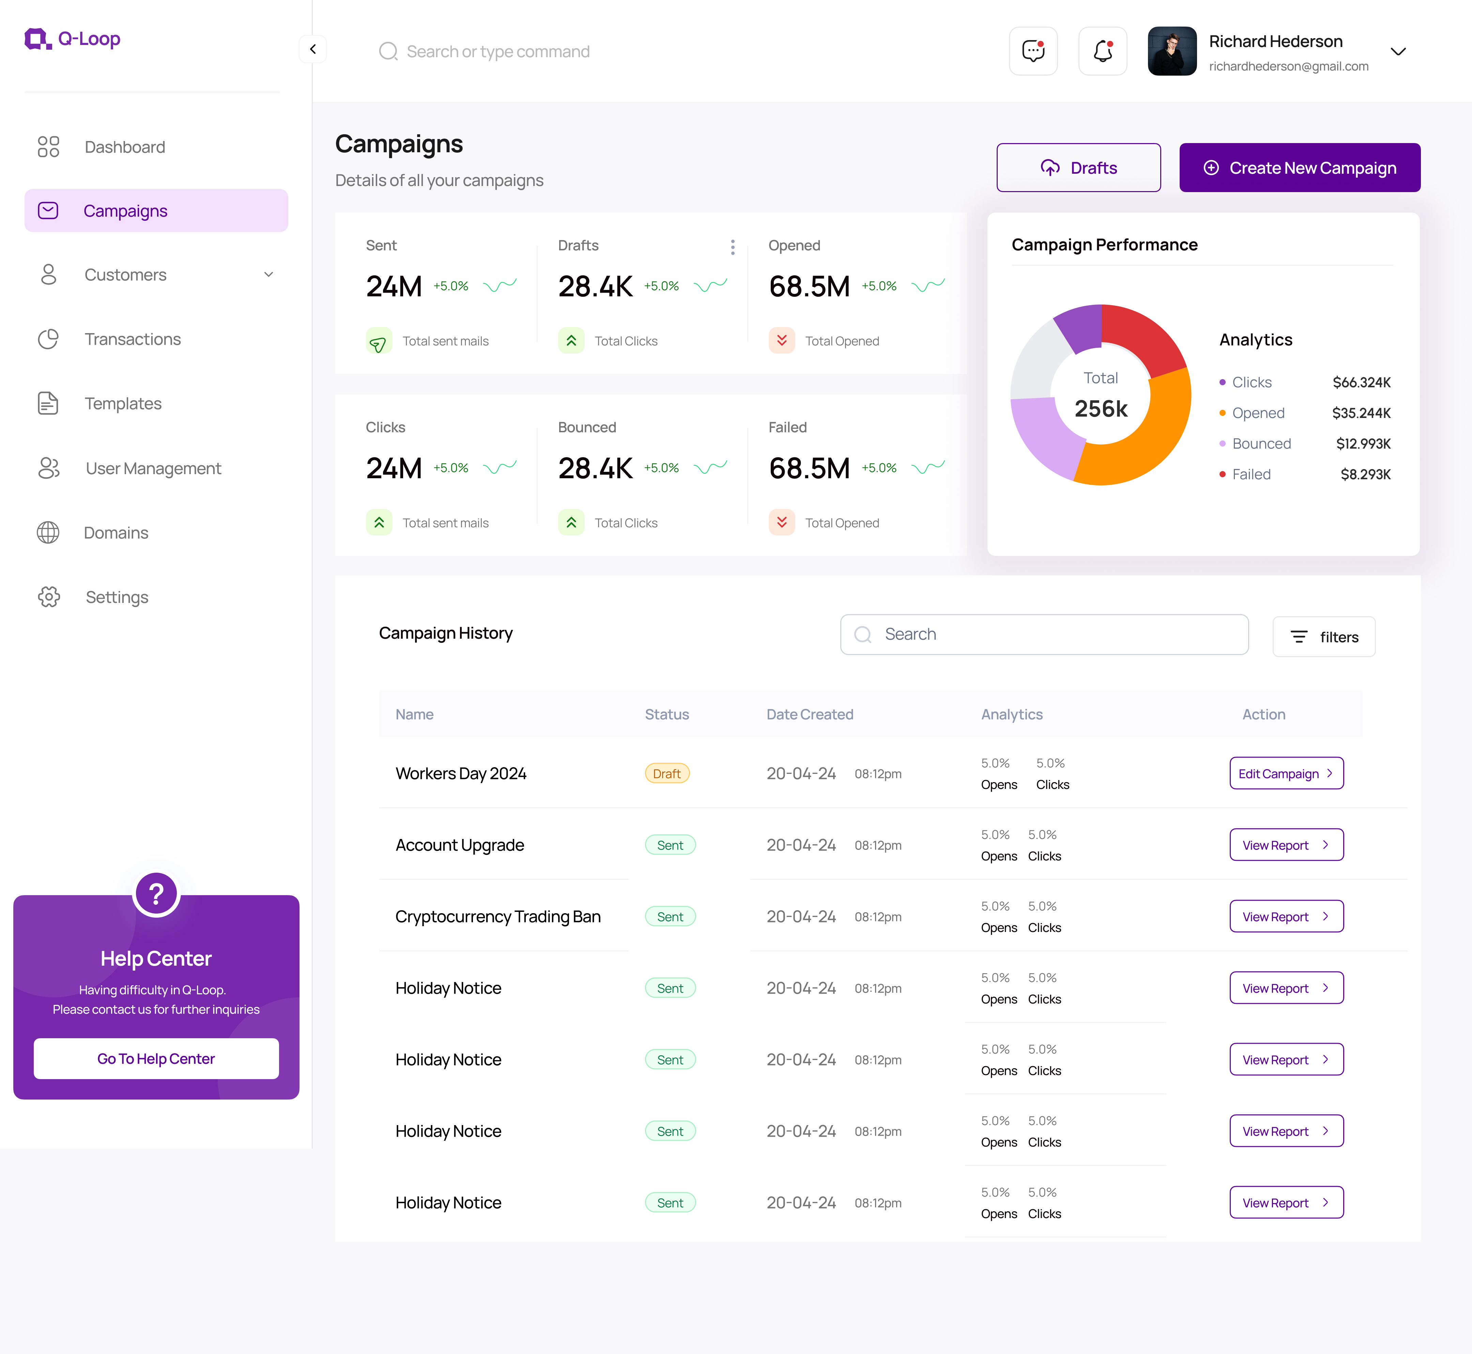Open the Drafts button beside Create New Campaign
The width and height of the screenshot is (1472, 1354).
click(1078, 168)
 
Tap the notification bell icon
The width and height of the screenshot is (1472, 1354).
click(1103, 51)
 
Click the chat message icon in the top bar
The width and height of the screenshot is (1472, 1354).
click(1033, 51)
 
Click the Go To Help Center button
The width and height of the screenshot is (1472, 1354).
click(156, 1059)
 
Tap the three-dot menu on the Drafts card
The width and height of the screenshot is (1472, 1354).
click(732, 247)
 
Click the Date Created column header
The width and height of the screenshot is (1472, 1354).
click(809, 714)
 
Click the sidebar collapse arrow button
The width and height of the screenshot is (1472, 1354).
click(313, 49)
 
